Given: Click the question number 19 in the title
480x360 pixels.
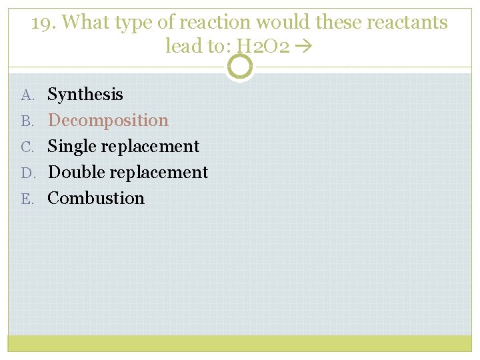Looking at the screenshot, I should (43, 23).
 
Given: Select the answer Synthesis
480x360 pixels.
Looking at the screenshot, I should (85, 95).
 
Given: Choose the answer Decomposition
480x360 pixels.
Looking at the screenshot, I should (108, 121).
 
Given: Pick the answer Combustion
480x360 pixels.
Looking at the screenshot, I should (96, 198).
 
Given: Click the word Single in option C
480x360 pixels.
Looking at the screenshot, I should (71, 147).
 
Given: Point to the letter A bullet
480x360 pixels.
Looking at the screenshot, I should (27, 95).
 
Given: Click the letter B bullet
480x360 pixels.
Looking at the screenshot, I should (27, 121).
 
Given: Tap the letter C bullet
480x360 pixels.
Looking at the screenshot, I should (27, 147).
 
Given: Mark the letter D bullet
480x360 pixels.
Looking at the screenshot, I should (27, 173).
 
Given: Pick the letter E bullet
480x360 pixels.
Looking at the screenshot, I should (27, 199).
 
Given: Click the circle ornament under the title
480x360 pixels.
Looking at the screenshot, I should (240, 67).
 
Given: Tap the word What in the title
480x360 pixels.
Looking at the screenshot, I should (85, 23).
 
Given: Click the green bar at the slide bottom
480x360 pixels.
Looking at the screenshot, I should (240, 343).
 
